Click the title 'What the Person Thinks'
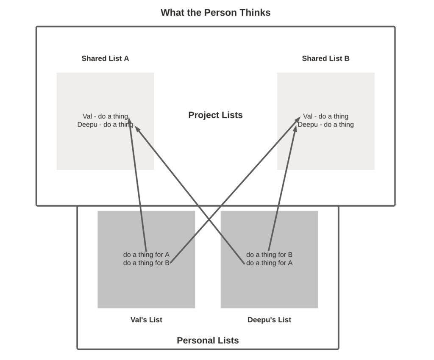click(x=215, y=12)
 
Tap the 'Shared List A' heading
click(x=105, y=58)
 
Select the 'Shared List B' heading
click(x=325, y=58)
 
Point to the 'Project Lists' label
click(x=215, y=115)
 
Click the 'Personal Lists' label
click(x=208, y=341)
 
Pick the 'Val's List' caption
click(x=146, y=320)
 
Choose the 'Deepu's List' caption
click(x=269, y=320)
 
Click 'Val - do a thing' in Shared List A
click(x=105, y=116)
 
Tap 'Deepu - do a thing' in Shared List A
click(x=105, y=125)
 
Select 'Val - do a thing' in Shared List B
click(x=326, y=116)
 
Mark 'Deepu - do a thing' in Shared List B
click(x=326, y=125)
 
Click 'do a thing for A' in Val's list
click(x=146, y=255)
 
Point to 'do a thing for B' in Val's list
click(x=146, y=263)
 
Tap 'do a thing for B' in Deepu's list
click(x=269, y=255)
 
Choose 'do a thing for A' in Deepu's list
click(x=269, y=263)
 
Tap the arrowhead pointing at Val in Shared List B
click(x=297, y=120)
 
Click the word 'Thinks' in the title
click(x=255, y=12)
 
